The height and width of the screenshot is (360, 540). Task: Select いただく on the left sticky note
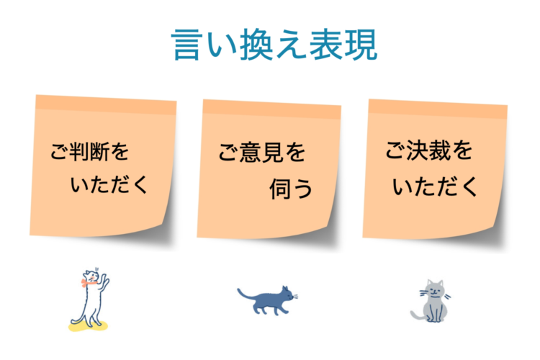click(x=110, y=186)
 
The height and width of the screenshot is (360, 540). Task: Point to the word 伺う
click(x=292, y=189)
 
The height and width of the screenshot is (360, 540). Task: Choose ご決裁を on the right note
click(x=429, y=152)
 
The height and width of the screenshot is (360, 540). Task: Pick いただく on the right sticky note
click(x=436, y=187)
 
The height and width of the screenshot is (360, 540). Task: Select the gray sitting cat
click(x=433, y=302)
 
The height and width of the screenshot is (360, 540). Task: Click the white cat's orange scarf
click(x=89, y=283)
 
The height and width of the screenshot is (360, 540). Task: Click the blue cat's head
click(x=287, y=294)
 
